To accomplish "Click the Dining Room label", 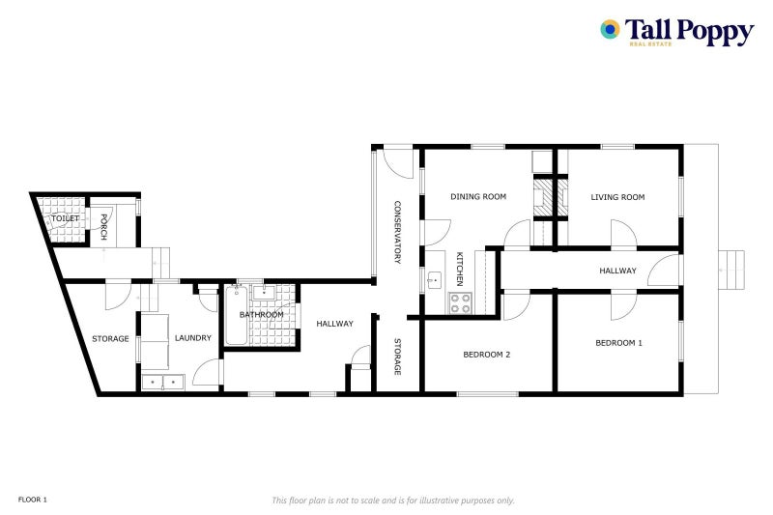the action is click(478, 197).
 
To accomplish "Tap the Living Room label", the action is click(617, 197).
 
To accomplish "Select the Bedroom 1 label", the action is click(618, 343).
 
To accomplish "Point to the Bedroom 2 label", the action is click(487, 355).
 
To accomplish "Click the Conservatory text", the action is click(397, 232).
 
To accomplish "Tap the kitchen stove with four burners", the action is click(460, 303).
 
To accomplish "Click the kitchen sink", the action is click(435, 280).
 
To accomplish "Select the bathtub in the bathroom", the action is click(237, 315).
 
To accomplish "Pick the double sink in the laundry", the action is click(162, 382).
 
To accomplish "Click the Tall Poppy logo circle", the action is click(610, 30).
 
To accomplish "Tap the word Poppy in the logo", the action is click(715, 32).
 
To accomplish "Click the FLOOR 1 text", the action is click(33, 500).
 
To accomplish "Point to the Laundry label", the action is click(192, 338).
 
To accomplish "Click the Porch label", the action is click(104, 227).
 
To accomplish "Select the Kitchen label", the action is click(460, 269).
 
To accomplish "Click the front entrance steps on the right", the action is click(731, 271).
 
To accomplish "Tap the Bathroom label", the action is click(262, 314).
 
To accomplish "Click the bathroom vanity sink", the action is click(264, 292).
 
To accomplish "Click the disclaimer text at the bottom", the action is click(393, 501).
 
